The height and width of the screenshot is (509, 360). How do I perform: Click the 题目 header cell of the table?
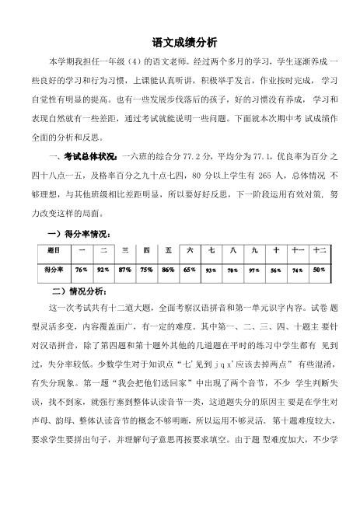(x=53, y=252)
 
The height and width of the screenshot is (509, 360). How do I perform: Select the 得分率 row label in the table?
(x=53, y=269)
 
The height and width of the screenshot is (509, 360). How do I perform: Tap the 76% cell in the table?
(x=81, y=269)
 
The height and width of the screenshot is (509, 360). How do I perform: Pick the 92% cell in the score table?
(x=102, y=269)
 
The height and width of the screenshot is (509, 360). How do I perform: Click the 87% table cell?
(x=124, y=269)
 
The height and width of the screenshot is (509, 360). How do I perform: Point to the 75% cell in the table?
(x=145, y=269)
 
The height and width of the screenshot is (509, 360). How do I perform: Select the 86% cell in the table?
(x=167, y=269)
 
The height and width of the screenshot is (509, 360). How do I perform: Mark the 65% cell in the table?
(x=189, y=269)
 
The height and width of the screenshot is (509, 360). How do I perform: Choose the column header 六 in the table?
(x=189, y=252)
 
